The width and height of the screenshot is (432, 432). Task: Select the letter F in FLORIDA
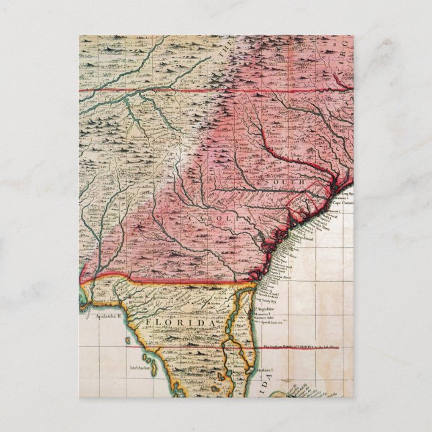(143, 324)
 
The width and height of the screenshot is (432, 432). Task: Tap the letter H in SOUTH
(301, 182)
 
